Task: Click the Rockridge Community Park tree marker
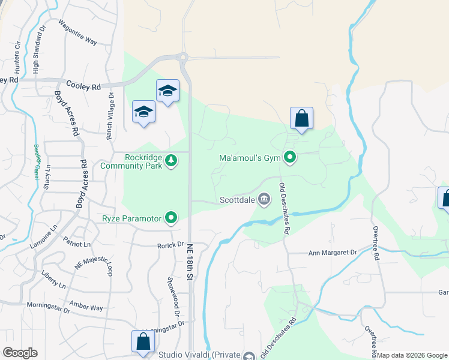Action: (171, 160)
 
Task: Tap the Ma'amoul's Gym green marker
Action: (290, 158)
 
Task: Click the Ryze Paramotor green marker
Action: (171, 218)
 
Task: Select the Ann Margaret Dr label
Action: (332, 253)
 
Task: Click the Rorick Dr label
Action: (170, 244)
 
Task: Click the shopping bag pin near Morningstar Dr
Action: (143, 341)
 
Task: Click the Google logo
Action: (20, 353)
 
